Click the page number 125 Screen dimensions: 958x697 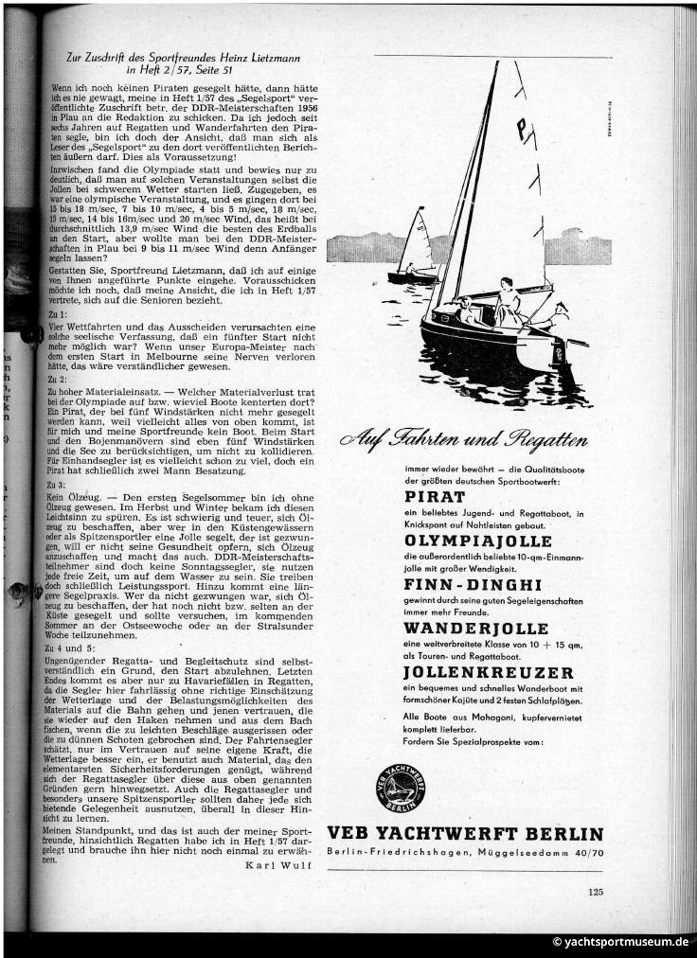[595, 890]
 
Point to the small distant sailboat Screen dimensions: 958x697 [415, 249]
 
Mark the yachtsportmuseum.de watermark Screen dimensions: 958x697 [621, 943]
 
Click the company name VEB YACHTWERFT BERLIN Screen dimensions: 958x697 [464, 833]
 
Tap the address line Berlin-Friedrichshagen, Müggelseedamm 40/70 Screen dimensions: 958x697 [464, 854]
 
